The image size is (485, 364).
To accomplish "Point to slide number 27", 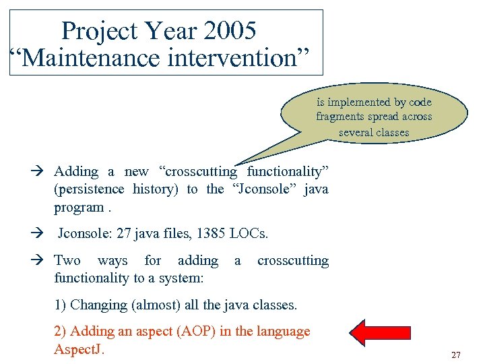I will [x=456, y=355].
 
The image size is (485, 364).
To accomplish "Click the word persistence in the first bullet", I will [x=89, y=189].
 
